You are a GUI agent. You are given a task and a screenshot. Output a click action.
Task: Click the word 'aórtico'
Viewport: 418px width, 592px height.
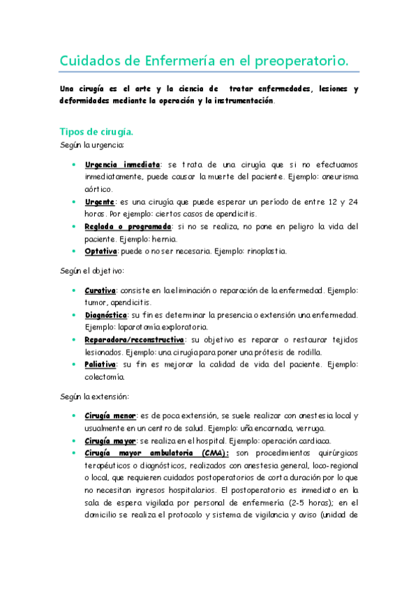[98, 188]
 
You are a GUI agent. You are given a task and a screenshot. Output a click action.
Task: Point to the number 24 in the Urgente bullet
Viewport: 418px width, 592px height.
[353, 201]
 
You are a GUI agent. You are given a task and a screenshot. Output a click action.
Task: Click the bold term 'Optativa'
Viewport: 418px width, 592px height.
[100, 251]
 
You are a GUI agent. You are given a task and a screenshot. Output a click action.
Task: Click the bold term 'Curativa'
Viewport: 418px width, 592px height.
[100, 290]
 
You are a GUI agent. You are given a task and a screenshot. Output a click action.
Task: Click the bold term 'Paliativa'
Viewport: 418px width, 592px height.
[101, 364]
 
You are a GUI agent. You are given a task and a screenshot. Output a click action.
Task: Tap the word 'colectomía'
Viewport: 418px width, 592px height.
[105, 377]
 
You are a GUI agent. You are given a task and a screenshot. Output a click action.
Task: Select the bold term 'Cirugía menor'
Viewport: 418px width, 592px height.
[110, 415]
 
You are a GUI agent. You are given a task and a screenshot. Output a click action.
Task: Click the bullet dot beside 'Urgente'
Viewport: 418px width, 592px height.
[75, 201]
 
